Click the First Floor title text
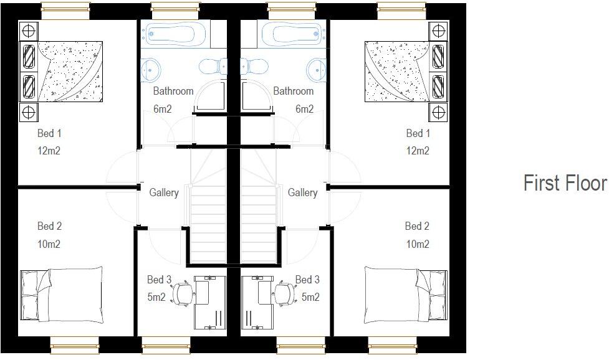click(x=565, y=183)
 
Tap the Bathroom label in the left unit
click(x=173, y=91)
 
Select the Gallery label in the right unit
click(x=302, y=193)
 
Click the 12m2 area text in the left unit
click(x=49, y=151)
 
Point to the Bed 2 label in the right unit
click(x=417, y=226)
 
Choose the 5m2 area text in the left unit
click(x=156, y=297)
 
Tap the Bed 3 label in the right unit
click(x=307, y=280)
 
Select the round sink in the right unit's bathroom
click(x=315, y=68)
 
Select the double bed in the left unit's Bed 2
click(x=62, y=295)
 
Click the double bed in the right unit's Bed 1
click(x=397, y=71)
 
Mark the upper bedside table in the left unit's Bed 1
click(x=28, y=30)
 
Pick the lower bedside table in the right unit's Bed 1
click(x=438, y=111)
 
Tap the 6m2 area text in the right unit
click(x=304, y=109)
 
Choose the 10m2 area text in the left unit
click(x=49, y=244)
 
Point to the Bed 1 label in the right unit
click(x=418, y=133)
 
